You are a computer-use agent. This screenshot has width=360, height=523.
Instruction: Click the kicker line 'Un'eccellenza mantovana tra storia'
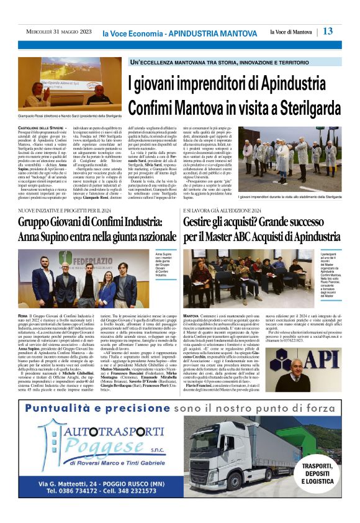pyautogui.click(x=180, y=63)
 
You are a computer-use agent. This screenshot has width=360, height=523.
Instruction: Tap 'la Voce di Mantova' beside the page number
pyautogui.click(x=292, y=32)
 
